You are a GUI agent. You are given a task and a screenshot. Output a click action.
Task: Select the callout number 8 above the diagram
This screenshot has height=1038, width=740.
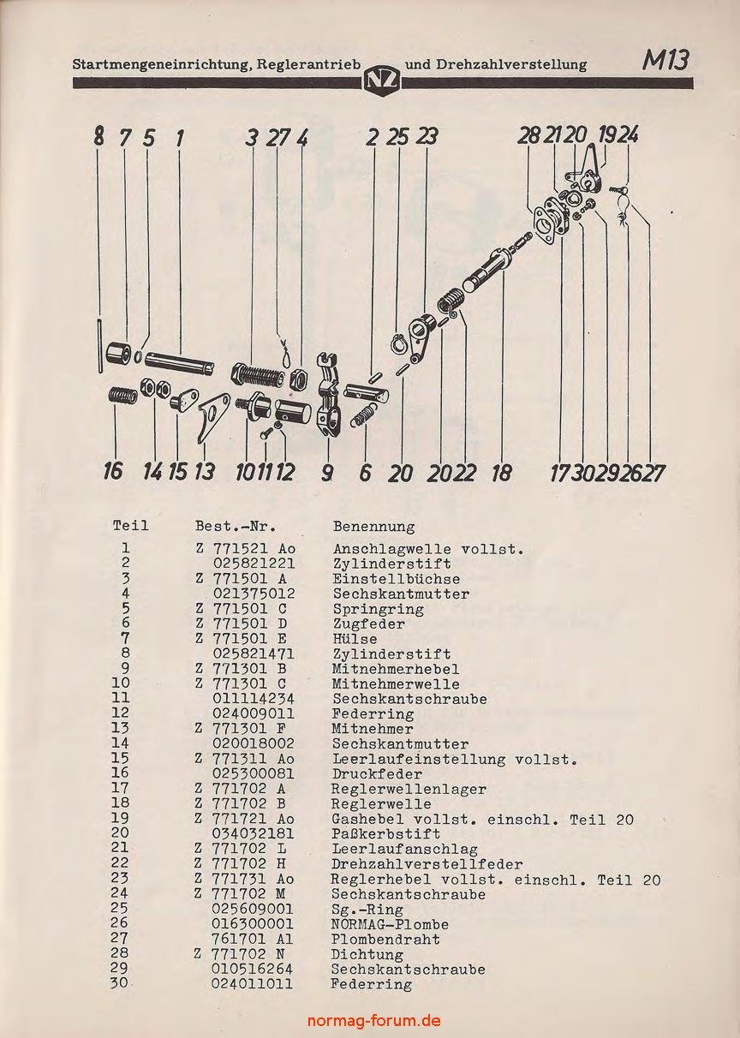[99, 136]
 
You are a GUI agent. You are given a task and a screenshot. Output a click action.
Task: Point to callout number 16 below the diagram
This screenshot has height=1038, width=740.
[113, 471]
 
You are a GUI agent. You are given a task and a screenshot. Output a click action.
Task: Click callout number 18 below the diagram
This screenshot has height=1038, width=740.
[501, 472]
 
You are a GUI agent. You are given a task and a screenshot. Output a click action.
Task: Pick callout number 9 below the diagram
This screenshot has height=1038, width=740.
[327, 472]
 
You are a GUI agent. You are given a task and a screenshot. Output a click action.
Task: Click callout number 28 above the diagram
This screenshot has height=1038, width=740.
[528, 135]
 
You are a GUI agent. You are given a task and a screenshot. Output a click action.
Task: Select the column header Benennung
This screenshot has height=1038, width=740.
[373, 527]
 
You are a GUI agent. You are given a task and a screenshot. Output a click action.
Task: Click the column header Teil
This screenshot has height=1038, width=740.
[130, 526]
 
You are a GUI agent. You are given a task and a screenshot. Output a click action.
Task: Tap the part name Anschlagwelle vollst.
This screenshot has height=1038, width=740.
[427, 549]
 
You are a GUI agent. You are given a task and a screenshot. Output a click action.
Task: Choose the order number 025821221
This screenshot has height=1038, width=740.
[254, 564]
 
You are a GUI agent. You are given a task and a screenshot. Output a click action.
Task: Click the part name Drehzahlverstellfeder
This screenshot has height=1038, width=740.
[427, 864]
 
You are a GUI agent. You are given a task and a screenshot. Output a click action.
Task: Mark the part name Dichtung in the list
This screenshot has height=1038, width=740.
[367, 954]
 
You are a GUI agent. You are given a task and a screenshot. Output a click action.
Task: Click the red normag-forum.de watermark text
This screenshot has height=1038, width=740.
[374, 1020]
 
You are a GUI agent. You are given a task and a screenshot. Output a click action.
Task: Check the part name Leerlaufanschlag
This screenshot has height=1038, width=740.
[404, 849]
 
